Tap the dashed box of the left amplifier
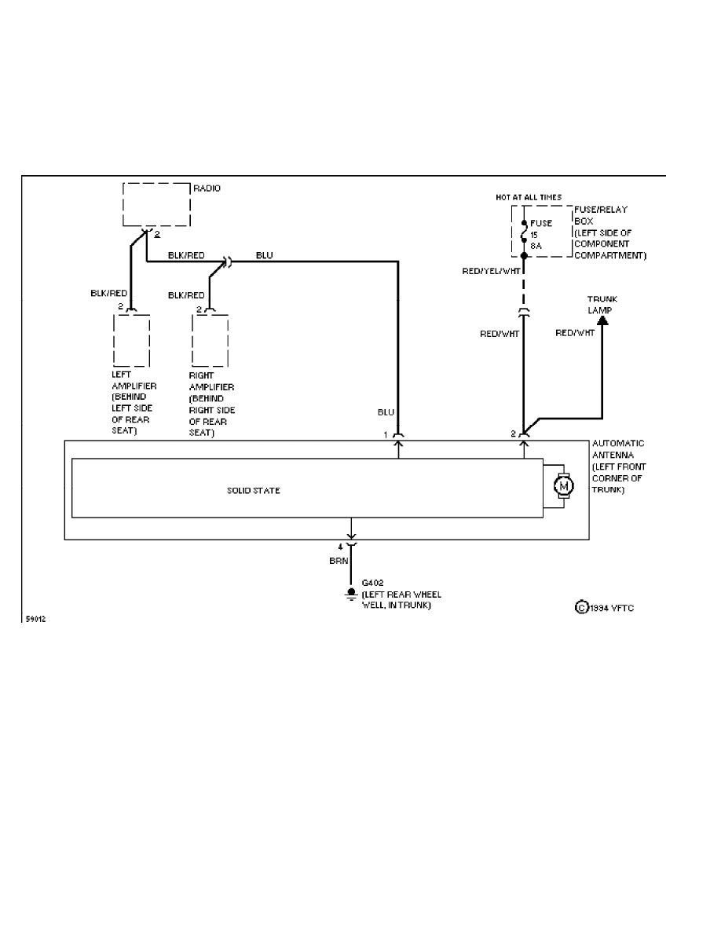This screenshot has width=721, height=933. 132,340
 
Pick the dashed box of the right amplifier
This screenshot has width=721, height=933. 210,340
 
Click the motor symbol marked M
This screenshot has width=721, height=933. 563,487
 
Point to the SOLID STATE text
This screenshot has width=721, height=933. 254,491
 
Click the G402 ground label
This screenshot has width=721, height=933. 371,584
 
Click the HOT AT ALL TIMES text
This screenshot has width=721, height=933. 529,197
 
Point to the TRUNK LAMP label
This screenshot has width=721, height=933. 602,305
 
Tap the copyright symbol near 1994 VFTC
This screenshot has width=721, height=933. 582,608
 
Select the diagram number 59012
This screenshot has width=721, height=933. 35,619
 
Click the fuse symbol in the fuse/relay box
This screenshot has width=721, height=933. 524,234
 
